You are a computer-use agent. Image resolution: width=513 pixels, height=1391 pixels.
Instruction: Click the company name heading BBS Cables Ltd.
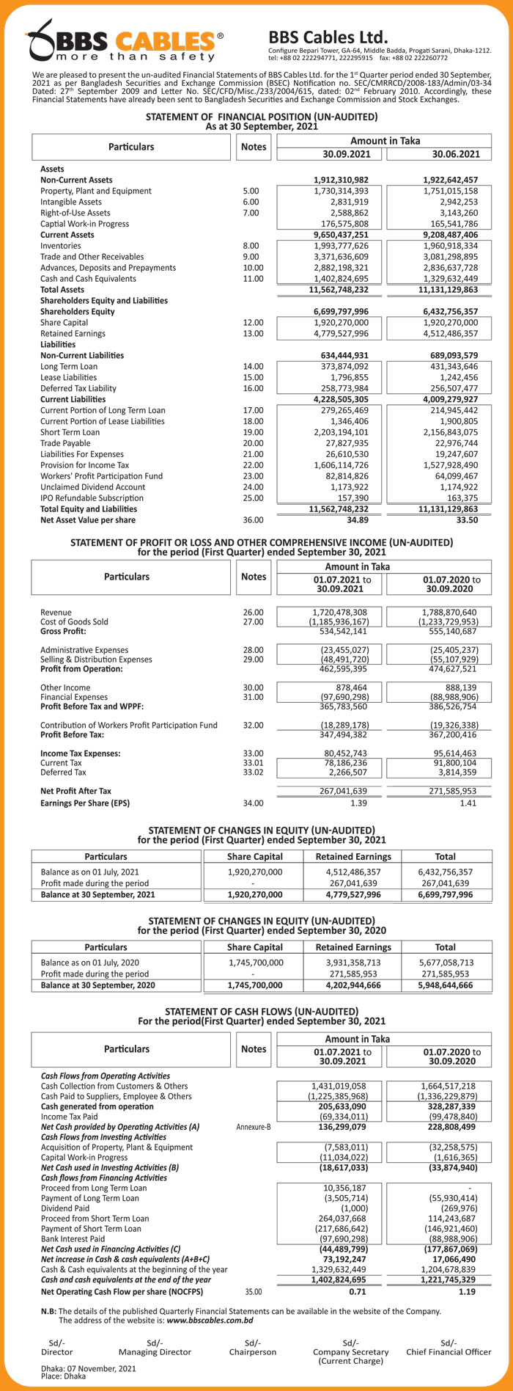coord(328,37)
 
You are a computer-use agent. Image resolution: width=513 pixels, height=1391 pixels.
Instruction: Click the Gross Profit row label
coord(63,631)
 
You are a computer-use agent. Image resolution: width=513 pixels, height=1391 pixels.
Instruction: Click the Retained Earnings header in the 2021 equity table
coord(353,856)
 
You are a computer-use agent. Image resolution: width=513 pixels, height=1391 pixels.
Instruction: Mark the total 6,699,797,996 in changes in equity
coord(445,894)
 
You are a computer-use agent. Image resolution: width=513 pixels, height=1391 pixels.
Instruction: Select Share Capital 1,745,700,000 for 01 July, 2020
coord(255,963)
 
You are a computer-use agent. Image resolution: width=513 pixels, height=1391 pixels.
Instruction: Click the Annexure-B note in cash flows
coord(253,1126)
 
